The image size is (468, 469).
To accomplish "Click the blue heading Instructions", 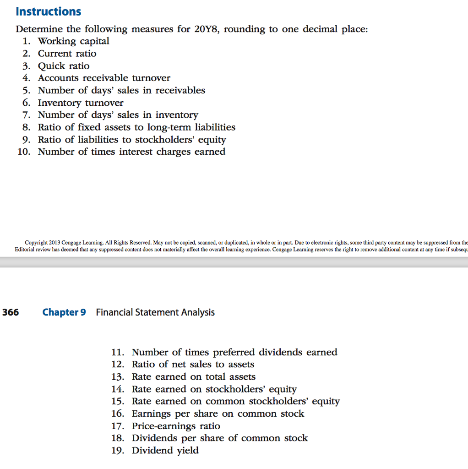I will tap(48, 11).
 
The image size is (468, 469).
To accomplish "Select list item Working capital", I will tap(73, 41).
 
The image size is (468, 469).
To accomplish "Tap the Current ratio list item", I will tap(67, 54).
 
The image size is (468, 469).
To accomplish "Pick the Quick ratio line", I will tap(64, 66).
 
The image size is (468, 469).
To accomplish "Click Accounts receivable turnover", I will tap(104, 78).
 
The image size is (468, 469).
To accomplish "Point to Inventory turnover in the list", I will tap(81, 103).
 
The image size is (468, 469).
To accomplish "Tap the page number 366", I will tap(11, 312).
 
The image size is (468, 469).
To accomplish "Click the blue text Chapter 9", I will tap(64, 312).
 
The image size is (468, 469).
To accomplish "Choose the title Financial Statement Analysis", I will tap(155, 312).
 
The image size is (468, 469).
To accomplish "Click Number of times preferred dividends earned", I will tap(234, 352).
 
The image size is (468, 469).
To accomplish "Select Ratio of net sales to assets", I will tap(193, 365).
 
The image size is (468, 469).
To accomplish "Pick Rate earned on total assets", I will tap(194, 377).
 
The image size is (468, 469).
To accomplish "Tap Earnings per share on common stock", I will tap(218, 414).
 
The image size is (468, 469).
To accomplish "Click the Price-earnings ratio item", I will tap(176, 426).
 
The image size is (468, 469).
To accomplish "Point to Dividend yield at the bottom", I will tap(165, 451).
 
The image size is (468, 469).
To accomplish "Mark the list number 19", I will tap(118, 451).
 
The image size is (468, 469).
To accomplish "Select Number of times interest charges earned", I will tap(131, 152).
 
